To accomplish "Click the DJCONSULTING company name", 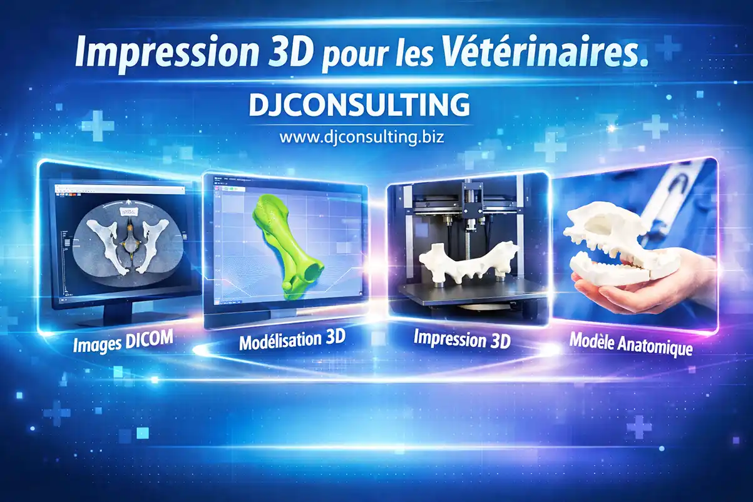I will [359, 105].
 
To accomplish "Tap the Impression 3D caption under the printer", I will [462, 340].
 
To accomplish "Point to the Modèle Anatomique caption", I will [631, 343].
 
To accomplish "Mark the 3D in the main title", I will [287, 54].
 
